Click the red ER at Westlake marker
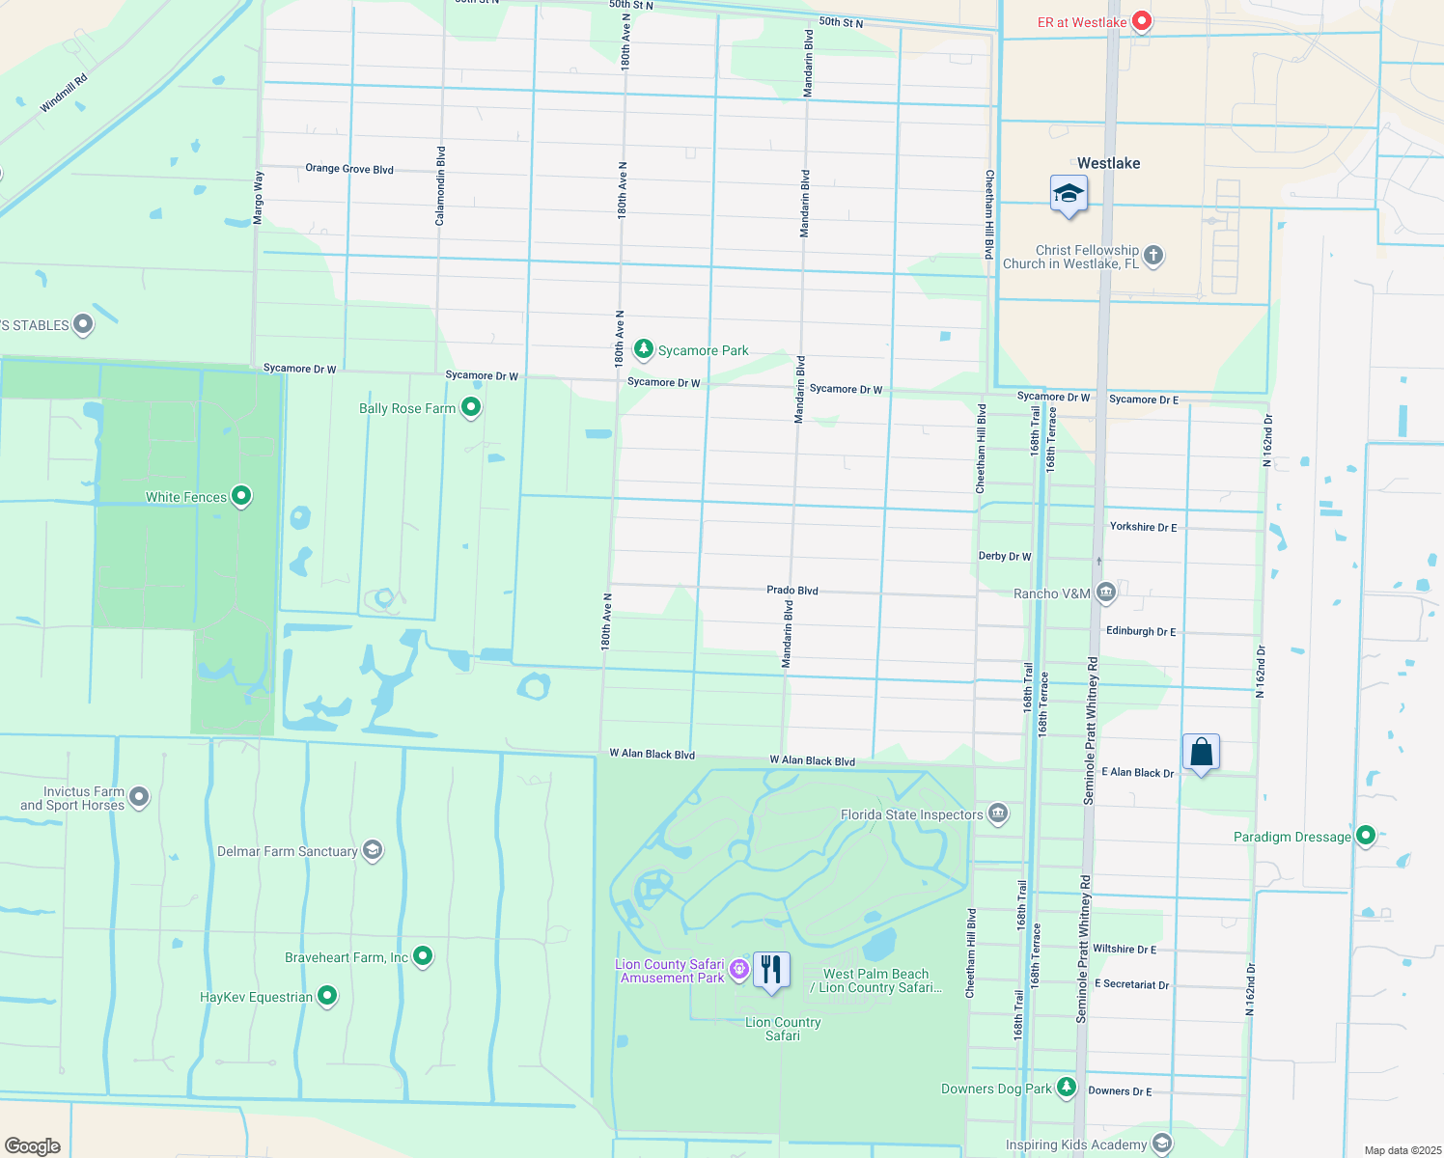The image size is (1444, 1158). coord(1141,20)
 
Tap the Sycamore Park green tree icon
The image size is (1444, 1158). coord(643,348)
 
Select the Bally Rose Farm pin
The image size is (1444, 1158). coord(471,407)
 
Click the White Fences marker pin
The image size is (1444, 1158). coord(241,496)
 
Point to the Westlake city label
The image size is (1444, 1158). coord(1108,163)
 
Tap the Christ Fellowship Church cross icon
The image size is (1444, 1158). coord(1153,256)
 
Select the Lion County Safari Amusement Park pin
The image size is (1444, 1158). coord(739,969)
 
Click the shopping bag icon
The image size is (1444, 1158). coord(1201,752)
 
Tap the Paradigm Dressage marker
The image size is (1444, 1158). coord(1365,836)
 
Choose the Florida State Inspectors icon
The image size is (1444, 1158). coord(998,813)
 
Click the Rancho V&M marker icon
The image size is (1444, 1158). coord(1106,593)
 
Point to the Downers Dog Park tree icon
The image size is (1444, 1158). coord(1066,1088)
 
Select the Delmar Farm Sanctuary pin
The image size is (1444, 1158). coord(373,850)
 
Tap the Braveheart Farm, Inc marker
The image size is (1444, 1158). coord(423,956)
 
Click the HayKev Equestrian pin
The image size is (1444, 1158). coord(327,996)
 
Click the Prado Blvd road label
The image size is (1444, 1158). coord(792,590)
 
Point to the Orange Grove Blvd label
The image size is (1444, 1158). coord(349,169)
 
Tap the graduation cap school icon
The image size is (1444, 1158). coord(1069,194)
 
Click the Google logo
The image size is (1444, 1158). coord(33,1145)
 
